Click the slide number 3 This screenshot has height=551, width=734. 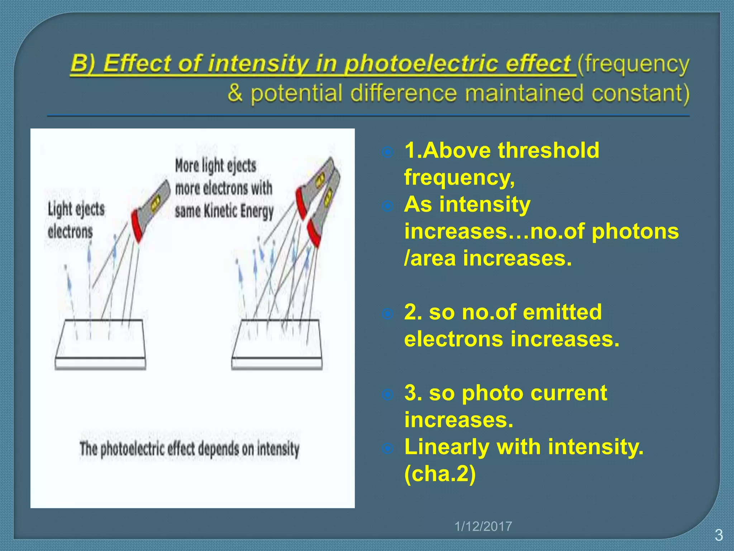pos(719,535)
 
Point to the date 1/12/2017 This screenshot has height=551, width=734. pos(483,526)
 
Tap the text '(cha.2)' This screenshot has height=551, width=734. pos(440,474)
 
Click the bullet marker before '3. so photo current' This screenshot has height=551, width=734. pos(387,395)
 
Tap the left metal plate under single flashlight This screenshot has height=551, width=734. pos(100,344)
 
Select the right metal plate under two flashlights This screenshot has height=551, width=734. pos(277,344)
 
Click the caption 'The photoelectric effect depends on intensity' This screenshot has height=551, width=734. pos(189,449)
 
